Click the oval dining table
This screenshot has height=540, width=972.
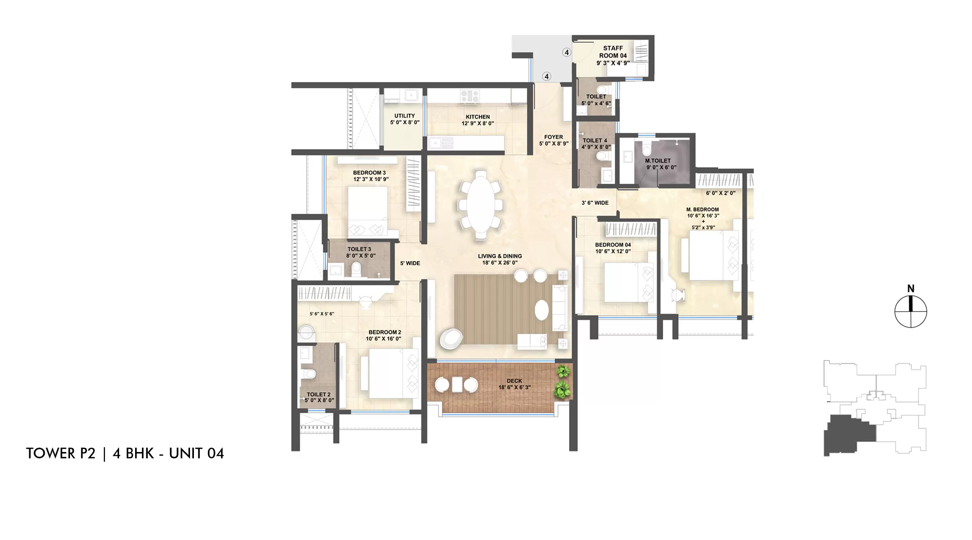[x=480, y=204]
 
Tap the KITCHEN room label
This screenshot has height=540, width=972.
[x=478, y=117]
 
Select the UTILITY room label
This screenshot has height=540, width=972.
[x=404, y=116]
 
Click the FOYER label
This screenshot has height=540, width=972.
[x=554, y=137]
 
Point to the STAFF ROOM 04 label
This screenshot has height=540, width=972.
[x=613, y=52]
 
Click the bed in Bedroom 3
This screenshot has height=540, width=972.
[x=368, y=212]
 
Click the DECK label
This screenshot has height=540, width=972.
[x=514, y=381]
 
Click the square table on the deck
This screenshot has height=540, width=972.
[x=456, y=384]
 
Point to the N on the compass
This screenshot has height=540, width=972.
[x=911, y=289]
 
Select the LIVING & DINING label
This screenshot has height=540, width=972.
[x=500, y=256]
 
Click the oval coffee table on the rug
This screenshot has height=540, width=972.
[x=542, y=310]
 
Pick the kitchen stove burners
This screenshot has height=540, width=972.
[x=469, y=96]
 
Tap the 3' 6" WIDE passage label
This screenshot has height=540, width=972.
[x=595, y=203]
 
